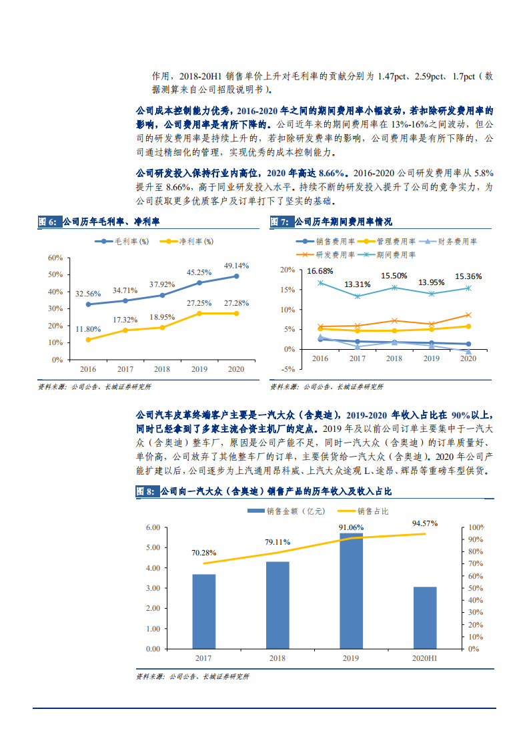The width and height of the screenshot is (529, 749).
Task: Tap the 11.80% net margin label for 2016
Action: point(88,329)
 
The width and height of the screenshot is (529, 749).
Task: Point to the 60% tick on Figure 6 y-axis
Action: point(55,258)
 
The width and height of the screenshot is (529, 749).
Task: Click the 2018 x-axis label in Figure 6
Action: point(162,369)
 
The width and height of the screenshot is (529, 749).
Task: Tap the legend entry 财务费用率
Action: point(467,242)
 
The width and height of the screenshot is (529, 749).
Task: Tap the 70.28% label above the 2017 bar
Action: point(204,553)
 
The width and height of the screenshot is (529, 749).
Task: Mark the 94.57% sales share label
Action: point(425,523)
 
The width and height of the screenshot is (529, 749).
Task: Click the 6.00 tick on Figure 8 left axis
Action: point(152,527)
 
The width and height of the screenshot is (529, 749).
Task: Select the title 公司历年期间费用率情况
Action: point(343,222)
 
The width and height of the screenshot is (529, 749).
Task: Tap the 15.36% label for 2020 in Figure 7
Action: point(468,276)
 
